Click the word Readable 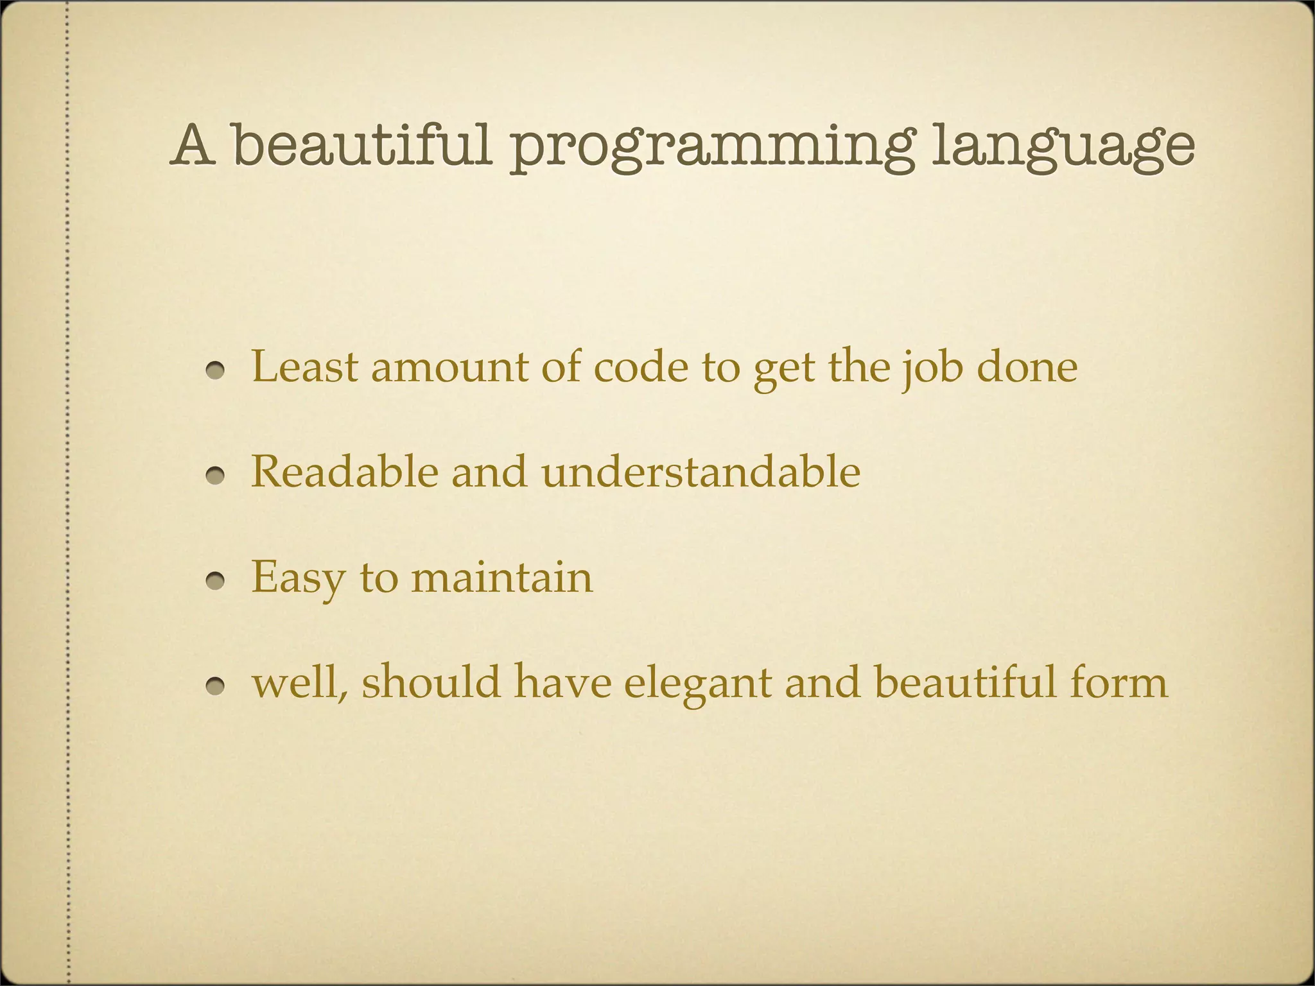coord(344,472)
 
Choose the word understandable coord(701,472)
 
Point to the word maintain coord(501,577)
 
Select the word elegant coord(697,683)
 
